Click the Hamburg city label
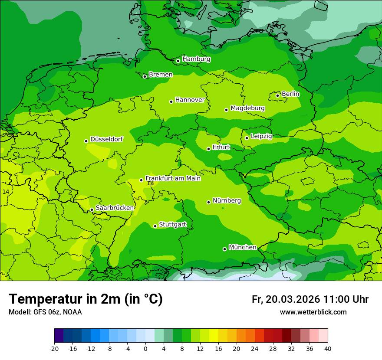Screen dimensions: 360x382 click(x=196, y=59)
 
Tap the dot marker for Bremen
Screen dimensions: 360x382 click(x=145, y=76)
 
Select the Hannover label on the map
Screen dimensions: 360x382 click(x=190, y=100)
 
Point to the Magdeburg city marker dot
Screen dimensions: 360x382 click(x=227, y=110)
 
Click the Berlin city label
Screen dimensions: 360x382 click(x=290, y=94)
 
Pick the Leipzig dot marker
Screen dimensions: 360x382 click(x=247, y=138)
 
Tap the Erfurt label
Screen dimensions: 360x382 click(x=221, y=147)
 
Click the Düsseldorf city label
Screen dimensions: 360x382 click(x=106, y=139)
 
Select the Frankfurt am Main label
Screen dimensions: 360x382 click(x=173, y=178)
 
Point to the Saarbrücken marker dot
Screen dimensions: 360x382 click(x=92, y=210)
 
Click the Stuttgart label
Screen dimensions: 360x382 click(x=173, y=224)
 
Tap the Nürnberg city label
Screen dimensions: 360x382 click(x=227, y=200)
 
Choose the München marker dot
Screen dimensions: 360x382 click(x=225, y=249)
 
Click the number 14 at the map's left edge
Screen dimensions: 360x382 click(x=6, y=192)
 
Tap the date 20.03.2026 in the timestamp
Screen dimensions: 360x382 click(x=293, y=299)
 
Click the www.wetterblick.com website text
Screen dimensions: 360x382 click(x=313, y=312)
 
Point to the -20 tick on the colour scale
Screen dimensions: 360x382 click(x=54, y=348)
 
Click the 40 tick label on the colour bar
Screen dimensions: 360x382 click(x=328, y=348)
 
